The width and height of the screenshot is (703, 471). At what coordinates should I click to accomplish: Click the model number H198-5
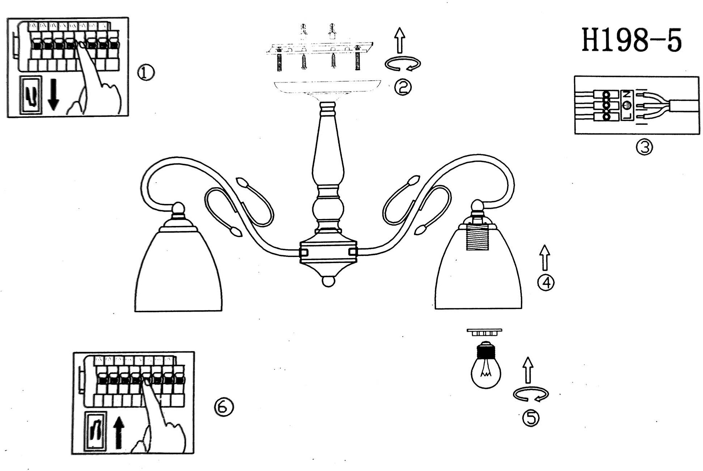631,40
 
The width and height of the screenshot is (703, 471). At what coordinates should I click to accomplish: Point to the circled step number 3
644,147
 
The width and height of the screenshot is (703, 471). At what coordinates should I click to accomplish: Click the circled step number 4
546,283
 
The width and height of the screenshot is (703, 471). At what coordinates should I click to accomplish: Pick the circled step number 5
531,418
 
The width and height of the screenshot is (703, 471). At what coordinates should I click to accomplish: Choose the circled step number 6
224,407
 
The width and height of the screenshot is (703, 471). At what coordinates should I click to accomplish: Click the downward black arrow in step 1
53,95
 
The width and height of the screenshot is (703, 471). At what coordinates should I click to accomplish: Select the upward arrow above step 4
545,257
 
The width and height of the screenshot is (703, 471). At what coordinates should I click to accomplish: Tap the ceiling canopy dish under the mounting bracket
328,86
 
